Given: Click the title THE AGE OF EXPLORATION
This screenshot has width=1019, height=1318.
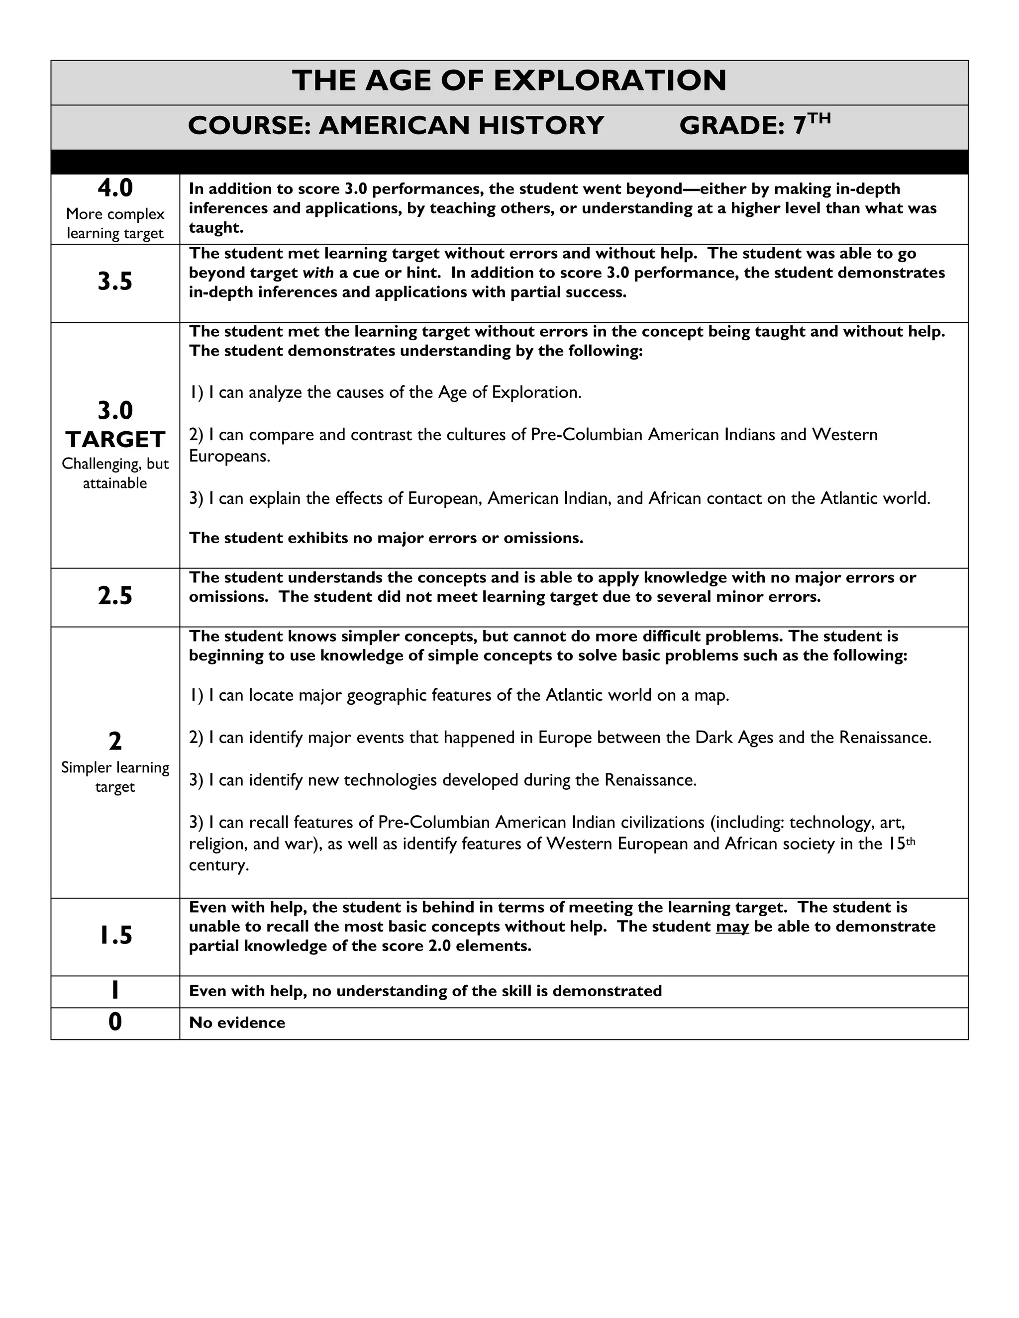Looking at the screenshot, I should (x=509, y=81).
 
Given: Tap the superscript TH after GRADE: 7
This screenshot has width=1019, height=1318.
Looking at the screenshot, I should (x=819, y=118).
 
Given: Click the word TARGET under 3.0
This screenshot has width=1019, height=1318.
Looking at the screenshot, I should (x=115, y=439).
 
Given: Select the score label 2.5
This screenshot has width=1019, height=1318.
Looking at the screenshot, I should (x=115, y=596).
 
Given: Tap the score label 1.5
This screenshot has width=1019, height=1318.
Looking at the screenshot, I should (x=115, y=936).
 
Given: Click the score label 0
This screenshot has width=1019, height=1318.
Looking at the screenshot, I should (x=115, y=1022).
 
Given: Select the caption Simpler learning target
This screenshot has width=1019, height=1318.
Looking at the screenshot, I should (x=115, y=777).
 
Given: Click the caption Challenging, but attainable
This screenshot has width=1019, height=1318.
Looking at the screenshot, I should (x=115, y=473).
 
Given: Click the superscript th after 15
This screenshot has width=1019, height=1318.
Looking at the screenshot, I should (x=911, y=841).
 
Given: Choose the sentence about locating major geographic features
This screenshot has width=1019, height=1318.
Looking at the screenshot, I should (x=459, y=696).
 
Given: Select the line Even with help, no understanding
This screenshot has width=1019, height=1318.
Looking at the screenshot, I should (x=425, y=991).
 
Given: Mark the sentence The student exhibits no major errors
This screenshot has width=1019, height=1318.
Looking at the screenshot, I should (x=386, y=538).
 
